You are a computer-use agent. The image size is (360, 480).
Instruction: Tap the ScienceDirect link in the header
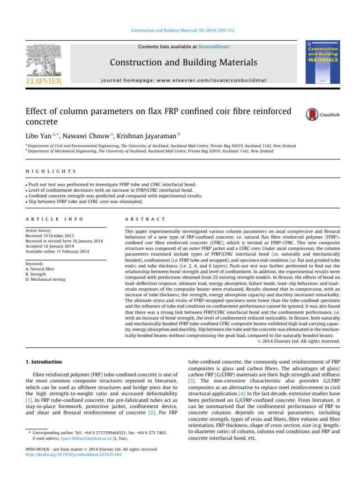click(214, 47)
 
